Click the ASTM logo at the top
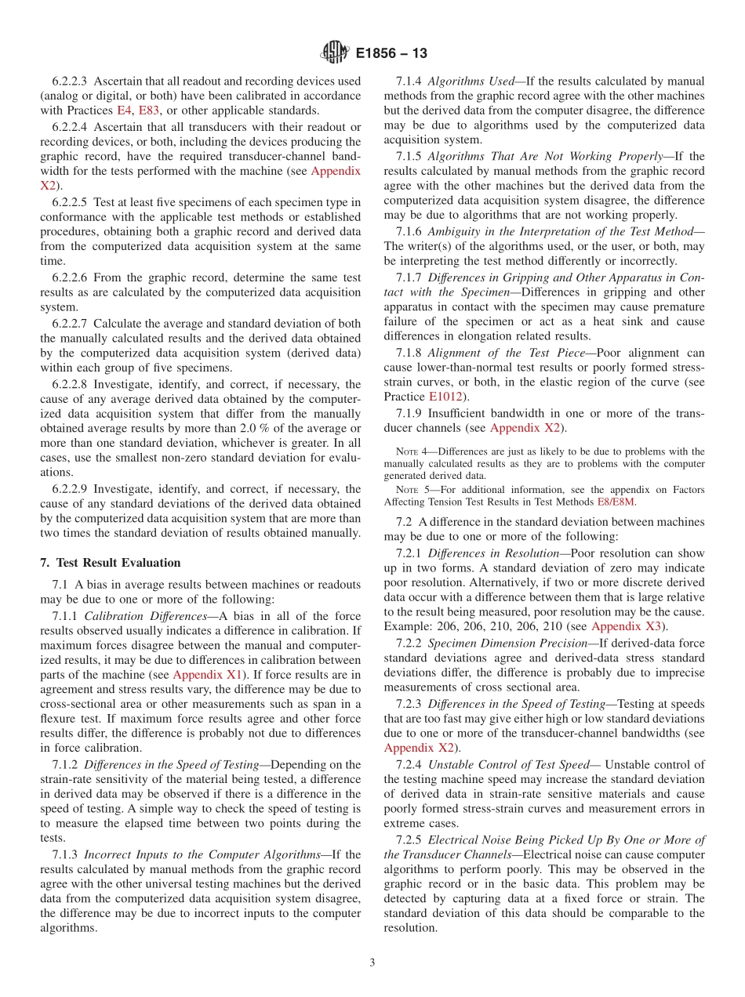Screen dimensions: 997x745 [335, 53]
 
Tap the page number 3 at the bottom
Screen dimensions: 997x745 [372, 963]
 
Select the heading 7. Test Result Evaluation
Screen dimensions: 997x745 [110, 563]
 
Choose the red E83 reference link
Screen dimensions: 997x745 [149, 111]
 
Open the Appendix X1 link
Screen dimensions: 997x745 [208, 674]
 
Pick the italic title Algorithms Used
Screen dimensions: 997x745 [470, 81]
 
